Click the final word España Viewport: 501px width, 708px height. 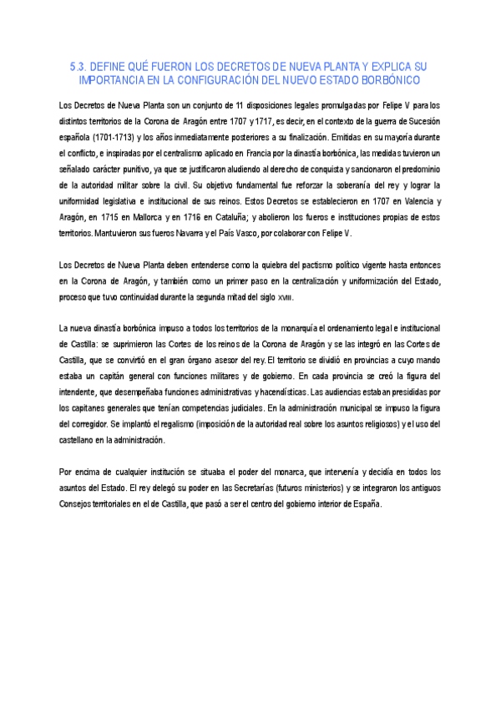(366, 503)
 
